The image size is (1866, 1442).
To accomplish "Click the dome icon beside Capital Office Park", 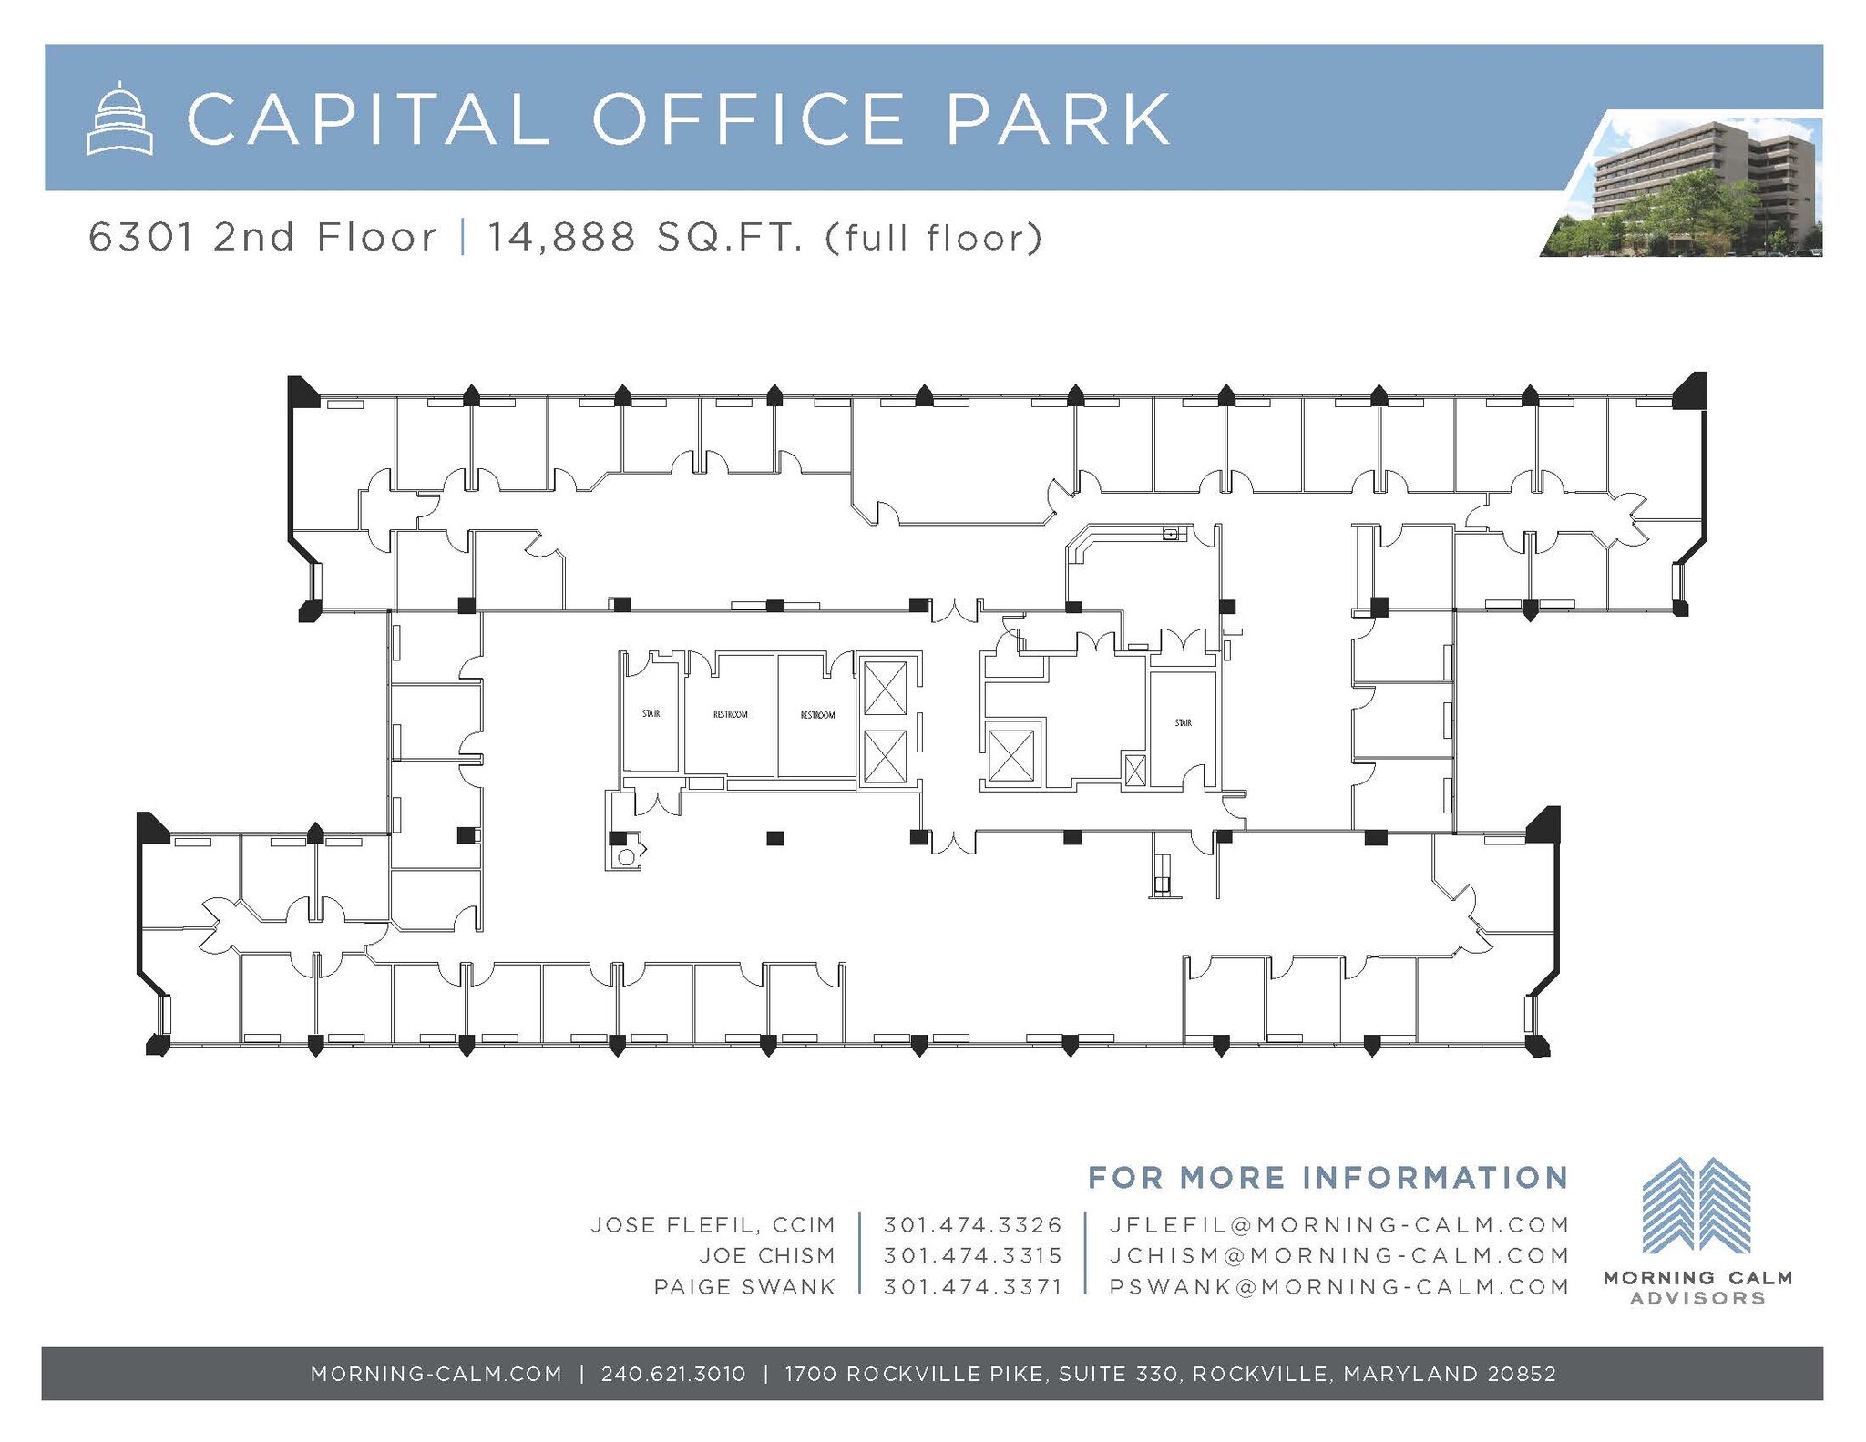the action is pyautogui.click(x=119, y=118).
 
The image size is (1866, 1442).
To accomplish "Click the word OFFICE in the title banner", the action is pyautogui.click(x=748, y=118).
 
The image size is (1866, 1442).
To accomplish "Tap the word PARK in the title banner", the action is pyautogui.click(x=1058, y=118).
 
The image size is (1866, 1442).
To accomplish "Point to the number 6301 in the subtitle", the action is pyautogui.click(x=140, y=238).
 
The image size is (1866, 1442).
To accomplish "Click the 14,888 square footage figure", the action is pyautogui.click(x=561, y=239).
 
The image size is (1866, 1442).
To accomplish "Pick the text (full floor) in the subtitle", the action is pyautogui.click(x=934, y=239).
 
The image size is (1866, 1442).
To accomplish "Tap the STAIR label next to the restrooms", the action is pyautogui.click(x=651, y=713).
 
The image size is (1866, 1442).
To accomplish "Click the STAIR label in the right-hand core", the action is pyautogui.click(x=1183, y=722).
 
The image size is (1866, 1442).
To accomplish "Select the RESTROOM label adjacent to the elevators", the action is pyautogui.click(x=817, y=715).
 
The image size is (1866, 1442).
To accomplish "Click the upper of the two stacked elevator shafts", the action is pyautogui.click(x=884, y=689).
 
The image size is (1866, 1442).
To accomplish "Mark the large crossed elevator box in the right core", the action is pyautogui.click(x=1010, y=754).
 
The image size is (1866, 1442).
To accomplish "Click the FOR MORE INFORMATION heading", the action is pyautogui.click(x=1328, y=1177).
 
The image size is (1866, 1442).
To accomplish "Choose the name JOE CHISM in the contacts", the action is pyautogui.click(x=767, y=1255).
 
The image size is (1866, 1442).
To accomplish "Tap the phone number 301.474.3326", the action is pyautogui.click(x=972, y=1224).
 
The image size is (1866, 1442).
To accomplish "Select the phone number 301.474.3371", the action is pyautogui.click(x=972, y=1286).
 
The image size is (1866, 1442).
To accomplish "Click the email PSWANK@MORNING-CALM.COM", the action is pyautogui.click(x=1339, y=1286).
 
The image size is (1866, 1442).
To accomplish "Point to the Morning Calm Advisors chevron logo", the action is pyautogui.click(x=1696, y=1204).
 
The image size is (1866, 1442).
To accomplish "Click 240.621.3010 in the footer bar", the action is pyautogui.click(x=673, y=1373).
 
